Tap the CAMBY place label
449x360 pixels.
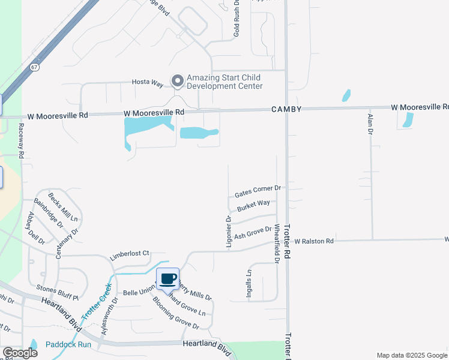point(286,109)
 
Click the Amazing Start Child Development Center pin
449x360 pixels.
point(177,81)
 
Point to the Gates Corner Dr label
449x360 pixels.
point(258,191)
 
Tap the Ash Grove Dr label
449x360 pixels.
point(253,232)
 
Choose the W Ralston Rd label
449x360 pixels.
point(313,241)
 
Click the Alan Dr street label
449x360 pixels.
point(370,124)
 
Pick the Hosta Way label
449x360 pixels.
point(148,82)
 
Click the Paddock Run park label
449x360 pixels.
point(68,344)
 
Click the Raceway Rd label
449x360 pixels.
point(21,140)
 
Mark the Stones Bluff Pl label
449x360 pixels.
point(58,291)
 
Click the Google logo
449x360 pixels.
point(20,353)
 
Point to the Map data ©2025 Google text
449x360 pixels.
point(412,355)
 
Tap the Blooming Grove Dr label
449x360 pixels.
point(175,313)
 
